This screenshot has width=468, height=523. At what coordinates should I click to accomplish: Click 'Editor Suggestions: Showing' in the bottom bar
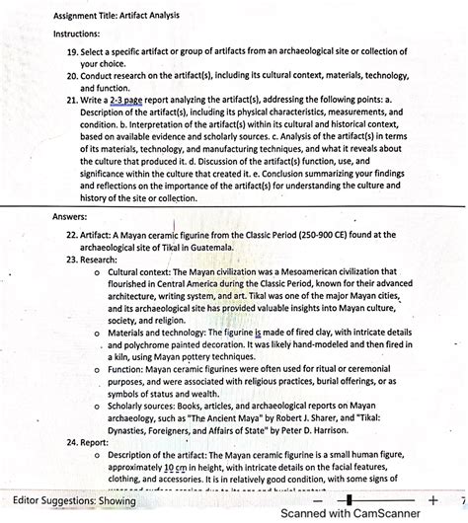pos(69,501)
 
